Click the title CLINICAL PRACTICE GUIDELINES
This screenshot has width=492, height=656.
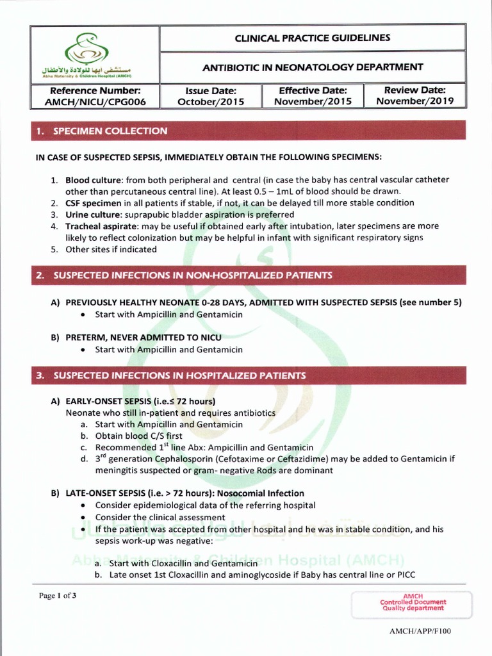(x=313, y=38)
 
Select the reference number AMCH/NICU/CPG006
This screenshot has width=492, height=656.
(x=95, y=102)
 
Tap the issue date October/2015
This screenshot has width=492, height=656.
(x=211, y=102)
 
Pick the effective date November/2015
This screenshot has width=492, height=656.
(x=313, y=102)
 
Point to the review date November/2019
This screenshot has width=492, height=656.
(x=414, y=101)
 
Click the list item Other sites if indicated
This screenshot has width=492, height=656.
(x=111, y=249)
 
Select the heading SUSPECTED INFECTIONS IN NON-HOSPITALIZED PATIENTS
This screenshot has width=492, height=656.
(x=192, y=275)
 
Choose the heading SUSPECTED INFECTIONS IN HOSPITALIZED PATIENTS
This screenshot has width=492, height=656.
(x=179, y=375)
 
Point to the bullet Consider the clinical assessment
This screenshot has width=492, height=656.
(x=160, y=517)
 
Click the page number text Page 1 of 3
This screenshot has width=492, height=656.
(x=58, y=596)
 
